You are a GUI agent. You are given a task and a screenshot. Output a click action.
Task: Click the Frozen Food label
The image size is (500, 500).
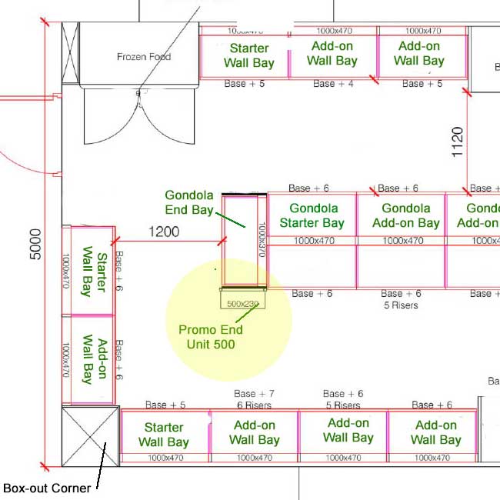[144, 57]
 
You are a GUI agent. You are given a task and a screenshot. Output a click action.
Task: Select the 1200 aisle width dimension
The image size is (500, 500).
[164, 232]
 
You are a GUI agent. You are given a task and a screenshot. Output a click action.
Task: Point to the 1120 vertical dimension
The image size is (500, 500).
[458, 142]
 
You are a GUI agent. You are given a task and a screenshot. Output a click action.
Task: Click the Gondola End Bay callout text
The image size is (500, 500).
[189, 203]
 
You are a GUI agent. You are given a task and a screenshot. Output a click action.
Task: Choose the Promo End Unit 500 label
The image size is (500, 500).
[210, 337]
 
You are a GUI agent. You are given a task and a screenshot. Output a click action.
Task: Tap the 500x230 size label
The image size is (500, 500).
[243, 303]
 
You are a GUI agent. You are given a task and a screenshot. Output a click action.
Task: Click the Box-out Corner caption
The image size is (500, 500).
[47, 488]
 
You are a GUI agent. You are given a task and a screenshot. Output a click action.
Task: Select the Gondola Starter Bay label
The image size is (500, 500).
[312, 215]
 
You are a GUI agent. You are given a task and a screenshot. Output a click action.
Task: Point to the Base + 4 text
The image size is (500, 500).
[334, 84]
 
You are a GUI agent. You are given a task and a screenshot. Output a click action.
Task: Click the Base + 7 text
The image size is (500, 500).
[255, 394]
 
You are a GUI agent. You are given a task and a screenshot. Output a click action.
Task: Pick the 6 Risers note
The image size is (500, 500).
[255, 405]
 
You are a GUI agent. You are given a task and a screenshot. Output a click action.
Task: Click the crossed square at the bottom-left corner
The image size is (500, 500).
[90, 436]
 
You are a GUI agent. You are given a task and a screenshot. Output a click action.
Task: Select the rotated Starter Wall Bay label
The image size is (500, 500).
[93, 271]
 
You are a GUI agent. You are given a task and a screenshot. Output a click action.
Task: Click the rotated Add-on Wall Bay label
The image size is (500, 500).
[93, 359]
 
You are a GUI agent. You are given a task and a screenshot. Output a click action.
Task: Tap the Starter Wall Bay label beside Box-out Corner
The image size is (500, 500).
[164, 435]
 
